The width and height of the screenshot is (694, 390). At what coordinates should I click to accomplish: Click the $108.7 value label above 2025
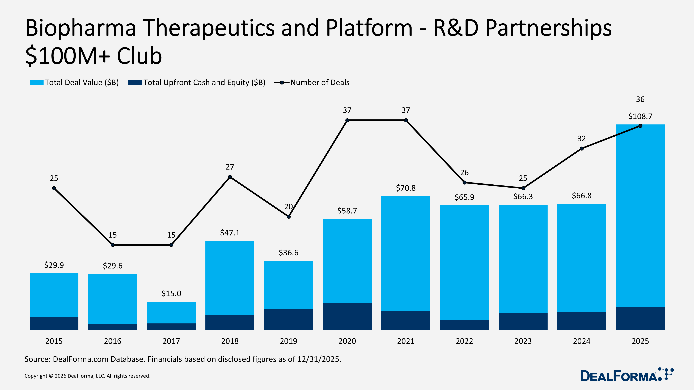click(x=640, y=116)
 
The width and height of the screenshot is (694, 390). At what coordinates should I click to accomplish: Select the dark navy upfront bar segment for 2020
click(x=347, y=316)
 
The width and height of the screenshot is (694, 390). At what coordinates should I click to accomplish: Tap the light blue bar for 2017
click(x=171, y=312)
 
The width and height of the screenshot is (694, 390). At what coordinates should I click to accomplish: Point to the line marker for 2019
click(x=289, y=217)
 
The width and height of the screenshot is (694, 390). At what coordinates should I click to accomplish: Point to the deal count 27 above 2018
click(x=230, y=167)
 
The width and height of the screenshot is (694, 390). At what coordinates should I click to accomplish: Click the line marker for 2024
click(x=582, y=149)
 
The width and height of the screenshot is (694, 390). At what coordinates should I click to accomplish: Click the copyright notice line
click(x=87, y=376)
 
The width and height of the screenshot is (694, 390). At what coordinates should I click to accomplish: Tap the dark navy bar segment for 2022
click(x=464, y=325)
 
